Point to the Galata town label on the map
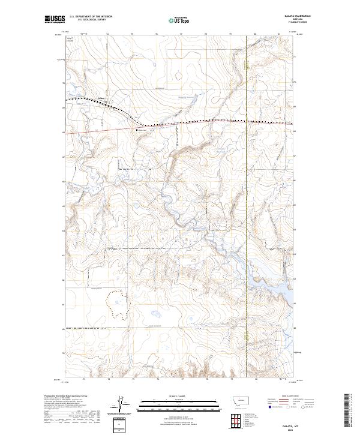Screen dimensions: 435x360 101,99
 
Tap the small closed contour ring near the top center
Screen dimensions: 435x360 178,76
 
